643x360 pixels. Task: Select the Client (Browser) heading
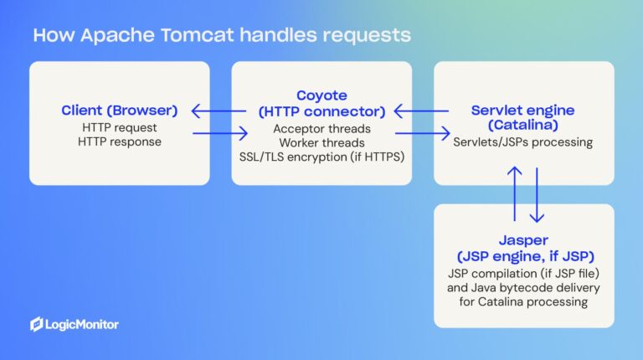tap(119, 110)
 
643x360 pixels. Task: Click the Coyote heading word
tap(321, 95)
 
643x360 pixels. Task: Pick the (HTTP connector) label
tap(321, 111)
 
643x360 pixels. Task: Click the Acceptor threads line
tap(321, 129)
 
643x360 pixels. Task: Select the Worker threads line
tap(321, 143)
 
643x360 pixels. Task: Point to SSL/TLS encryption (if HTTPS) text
tap(321, 157)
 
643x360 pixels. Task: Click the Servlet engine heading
tap(523, 110)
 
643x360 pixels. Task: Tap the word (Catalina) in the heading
tap(523, 126)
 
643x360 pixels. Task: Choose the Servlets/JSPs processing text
tap(523, 142)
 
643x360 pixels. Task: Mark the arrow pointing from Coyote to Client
tap(219, 110)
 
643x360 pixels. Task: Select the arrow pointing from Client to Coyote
tap(220, 132)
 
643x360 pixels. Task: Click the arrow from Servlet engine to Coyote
tap(423, 110)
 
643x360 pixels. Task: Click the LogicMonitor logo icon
tap(37, 324)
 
